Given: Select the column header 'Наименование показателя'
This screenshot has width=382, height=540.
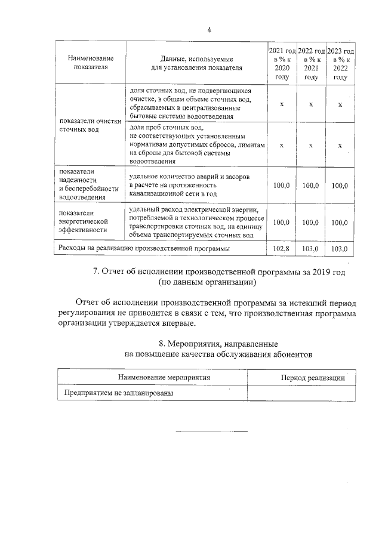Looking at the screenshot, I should point(90,63).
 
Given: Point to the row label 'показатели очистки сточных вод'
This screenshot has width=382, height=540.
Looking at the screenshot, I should point(90,125).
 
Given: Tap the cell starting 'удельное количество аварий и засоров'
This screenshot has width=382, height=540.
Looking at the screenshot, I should point(189,186).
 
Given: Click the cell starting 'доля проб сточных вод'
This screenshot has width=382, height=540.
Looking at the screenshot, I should point(196,144).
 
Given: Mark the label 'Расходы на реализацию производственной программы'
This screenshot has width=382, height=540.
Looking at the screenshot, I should point(143,248).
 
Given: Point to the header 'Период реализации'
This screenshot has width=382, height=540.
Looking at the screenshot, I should point(304,378).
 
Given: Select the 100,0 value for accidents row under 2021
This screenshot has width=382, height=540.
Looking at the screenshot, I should point(281,186).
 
